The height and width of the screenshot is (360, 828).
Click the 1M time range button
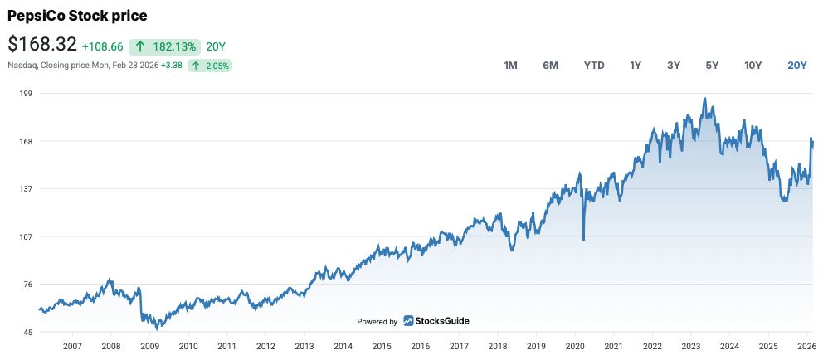(x=511, y=66)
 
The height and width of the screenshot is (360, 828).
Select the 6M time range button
(x=550, y=66)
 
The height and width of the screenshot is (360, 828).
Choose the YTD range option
(x=594, y=66)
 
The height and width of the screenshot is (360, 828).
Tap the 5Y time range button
(x=712, y=66)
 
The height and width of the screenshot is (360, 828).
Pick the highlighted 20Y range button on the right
(x=796, y=66)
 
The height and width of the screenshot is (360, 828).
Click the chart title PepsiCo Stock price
(x=77, y=16)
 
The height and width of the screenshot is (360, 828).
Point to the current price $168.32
(x=42, y=44)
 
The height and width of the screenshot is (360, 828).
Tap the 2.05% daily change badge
(x=209, y=65)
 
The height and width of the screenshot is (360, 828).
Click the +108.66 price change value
(x=103, y=46)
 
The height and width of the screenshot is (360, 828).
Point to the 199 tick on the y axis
(x=25, y=94)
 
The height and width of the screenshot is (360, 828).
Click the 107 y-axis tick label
(x=25, y=236)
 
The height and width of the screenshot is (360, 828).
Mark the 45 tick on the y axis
(x=27, y=333)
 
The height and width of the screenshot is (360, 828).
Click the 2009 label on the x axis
(x=149, y=347)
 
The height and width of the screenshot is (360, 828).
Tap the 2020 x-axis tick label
(x=574, y=347)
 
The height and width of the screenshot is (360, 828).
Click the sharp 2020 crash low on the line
(x=583, y=240)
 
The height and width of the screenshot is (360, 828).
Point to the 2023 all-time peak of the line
(x=704, y=99)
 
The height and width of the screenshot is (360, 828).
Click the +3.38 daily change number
(x=173, y=65)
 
